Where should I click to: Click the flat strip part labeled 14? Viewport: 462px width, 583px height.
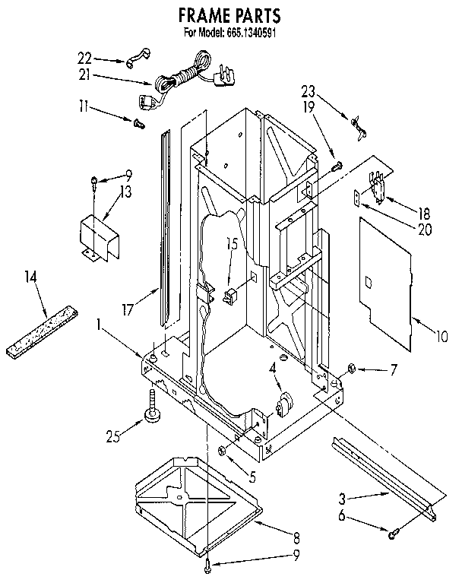tap(45, 328)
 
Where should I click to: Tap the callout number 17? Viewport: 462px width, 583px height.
tap(128, 309)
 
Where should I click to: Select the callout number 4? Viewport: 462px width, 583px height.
tap(271, 369)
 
